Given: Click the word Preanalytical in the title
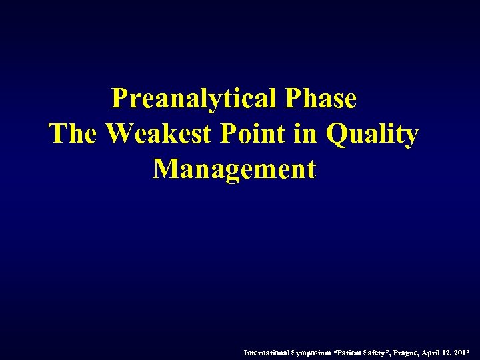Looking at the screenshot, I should click(x=194, y=99).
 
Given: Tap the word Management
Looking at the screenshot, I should click(x=234, y=169).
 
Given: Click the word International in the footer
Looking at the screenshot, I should click(x=266, y=351).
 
